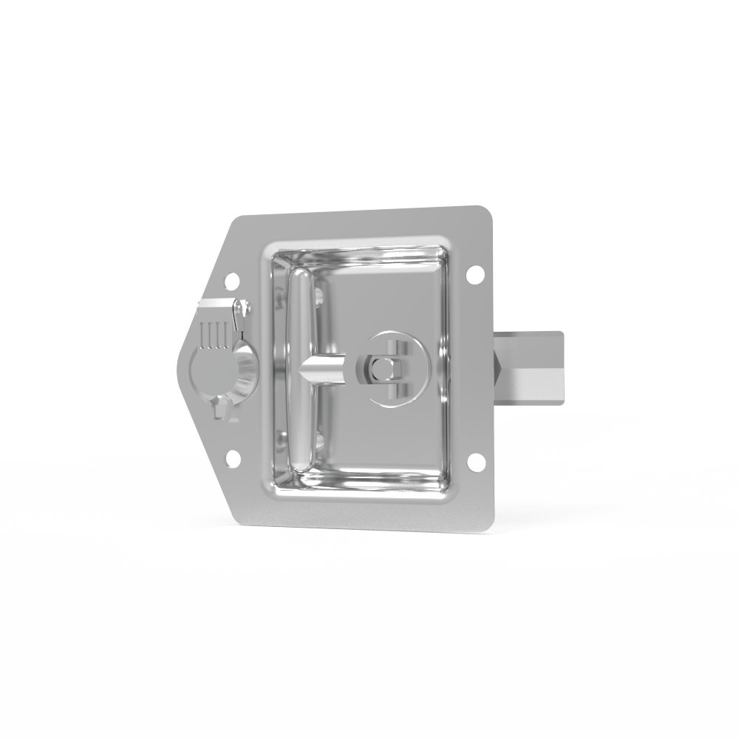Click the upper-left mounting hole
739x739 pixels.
[x=231, y=280]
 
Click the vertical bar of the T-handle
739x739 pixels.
[x=299, y=369]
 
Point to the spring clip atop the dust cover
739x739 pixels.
[x=240, y=314]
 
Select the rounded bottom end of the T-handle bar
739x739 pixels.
[x=299, y=463]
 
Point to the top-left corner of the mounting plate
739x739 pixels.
[x=238, y=219]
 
